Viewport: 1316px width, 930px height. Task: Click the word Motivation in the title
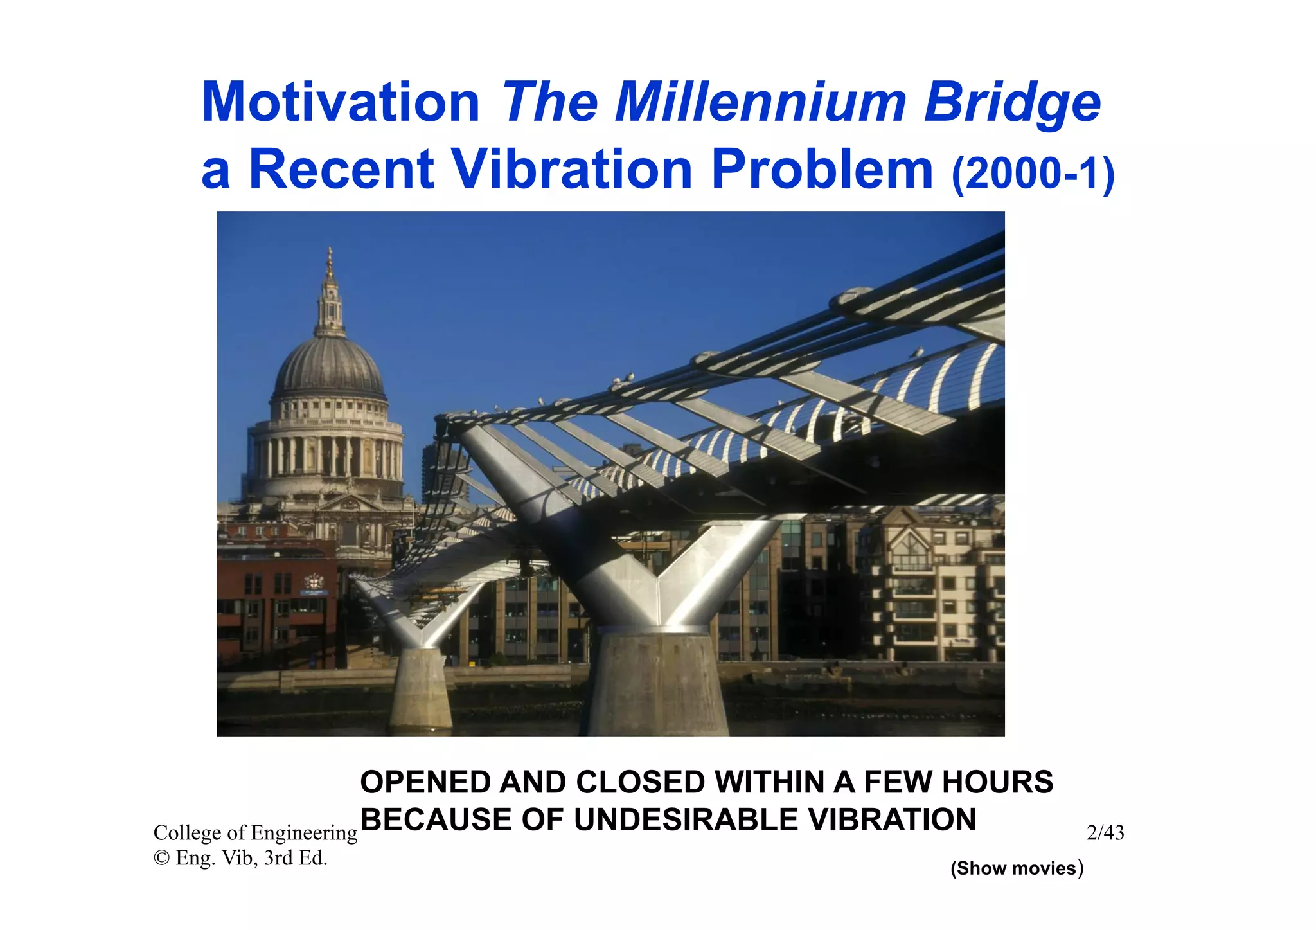[341, 103]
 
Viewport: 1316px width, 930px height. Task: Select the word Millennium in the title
[760, 103]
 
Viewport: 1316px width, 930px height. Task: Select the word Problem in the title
[822, 170]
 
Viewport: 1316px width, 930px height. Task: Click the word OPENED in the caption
[426, 782]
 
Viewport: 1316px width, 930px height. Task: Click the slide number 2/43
[1105, 833]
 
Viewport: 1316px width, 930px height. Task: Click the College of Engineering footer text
[255, 833]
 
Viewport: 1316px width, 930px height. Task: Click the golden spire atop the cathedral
[330, 264]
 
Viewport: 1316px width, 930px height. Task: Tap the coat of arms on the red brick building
[314, 582]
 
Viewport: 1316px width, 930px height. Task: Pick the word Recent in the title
[341, 170]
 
